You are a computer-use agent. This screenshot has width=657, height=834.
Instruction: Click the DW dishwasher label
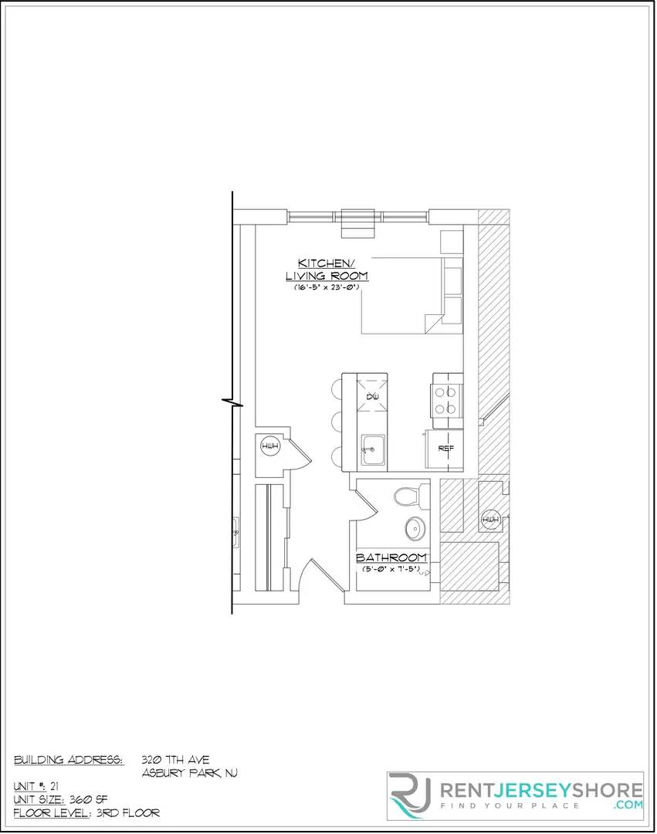tap(373, 397)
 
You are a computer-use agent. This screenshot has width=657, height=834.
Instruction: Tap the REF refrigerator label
tap(445, 449)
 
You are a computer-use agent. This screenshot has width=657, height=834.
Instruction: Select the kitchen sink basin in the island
tap(373, 448)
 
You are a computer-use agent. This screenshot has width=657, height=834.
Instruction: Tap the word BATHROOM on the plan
tap(391, 558)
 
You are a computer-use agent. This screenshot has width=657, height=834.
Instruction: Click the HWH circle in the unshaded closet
tap(270, 447)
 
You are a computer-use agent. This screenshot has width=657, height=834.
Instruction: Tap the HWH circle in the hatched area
tap(490, 520)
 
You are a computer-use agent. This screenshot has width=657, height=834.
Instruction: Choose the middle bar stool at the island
tap(337, 422)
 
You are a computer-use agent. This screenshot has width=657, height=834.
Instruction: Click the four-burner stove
tap(445, 401)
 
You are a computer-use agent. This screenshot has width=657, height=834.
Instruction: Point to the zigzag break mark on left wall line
tap(232, 401)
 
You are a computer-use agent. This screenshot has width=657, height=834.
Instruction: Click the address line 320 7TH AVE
tap(175, 760)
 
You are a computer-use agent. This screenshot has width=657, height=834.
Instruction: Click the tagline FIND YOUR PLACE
tap(510, 805)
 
